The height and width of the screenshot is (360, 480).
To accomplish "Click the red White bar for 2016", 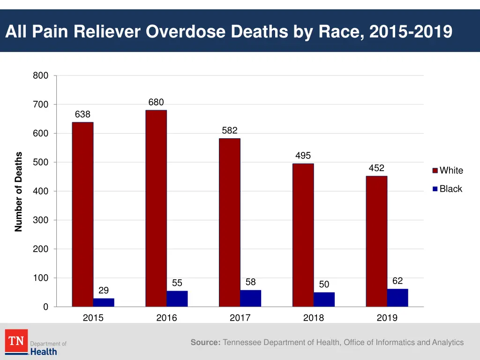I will (x=156, y=208).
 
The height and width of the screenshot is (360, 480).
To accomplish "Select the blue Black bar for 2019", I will (x=397, y=298).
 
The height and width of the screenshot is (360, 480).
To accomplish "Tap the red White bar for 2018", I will (x=303, y=235).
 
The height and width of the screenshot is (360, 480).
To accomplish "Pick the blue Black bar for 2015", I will (x=104, y=302).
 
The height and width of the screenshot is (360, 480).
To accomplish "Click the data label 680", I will (x=156, y=102).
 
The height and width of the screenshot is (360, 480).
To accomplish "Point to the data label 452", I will (x=376, y=168).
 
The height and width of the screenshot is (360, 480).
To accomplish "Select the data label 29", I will (x=104, y=291).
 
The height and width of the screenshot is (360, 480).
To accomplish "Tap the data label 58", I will (x=251, y=282).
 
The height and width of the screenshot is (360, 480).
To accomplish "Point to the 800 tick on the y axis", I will (x=40, y=75).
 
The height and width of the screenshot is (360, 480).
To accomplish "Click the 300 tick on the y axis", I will (x=40, y=220).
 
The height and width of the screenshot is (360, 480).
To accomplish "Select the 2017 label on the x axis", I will (x=240, y=318).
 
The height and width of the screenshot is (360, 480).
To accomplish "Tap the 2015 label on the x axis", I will (x=93, y=318).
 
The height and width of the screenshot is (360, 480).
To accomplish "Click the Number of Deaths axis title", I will (x=19, y=191).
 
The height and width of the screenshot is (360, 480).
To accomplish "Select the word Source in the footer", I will (x=205, y=343).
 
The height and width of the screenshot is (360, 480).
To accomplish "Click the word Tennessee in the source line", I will (x=242, y=343).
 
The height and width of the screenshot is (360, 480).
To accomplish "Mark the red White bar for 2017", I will (x=230, y=222).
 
